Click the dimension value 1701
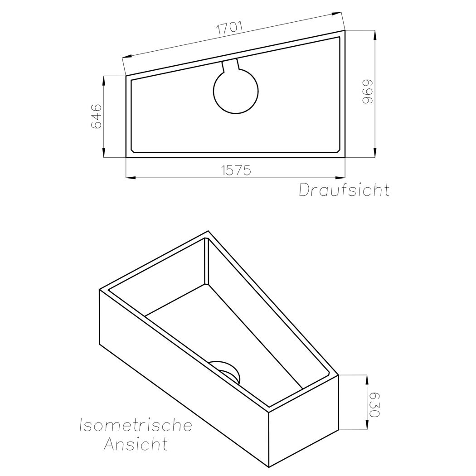click(x=229, y=28)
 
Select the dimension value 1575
click(x=236, y=170)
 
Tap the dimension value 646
click(x=96, y=116)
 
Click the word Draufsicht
click(x=344, y=190)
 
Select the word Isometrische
click(x=136, y=425)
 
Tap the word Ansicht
click(x=136, y=444)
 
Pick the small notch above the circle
click(x=231, y=66)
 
